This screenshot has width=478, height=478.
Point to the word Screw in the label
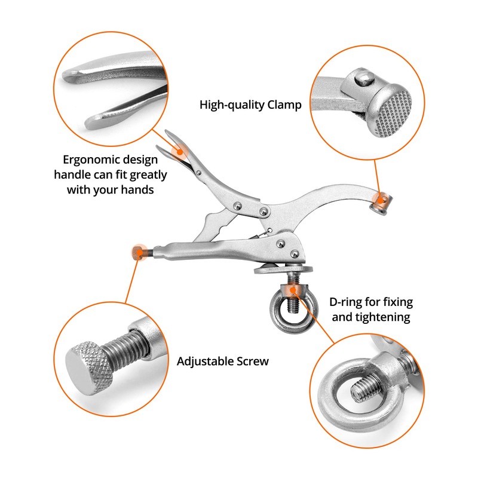coord(253,361)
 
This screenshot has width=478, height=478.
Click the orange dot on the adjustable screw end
coord(138,253)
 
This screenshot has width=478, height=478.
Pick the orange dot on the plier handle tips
coord(177,151)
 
